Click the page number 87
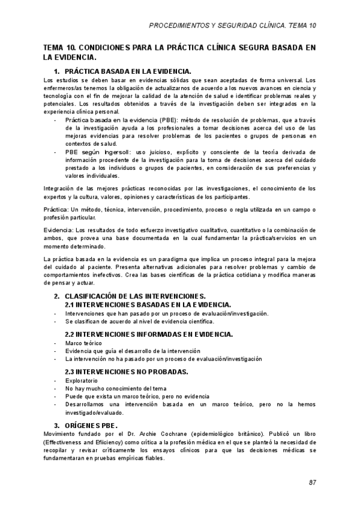coord(312,482)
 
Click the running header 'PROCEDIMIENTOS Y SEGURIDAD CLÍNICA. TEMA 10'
coord(232,25)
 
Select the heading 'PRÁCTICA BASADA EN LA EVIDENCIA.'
coord(127,71)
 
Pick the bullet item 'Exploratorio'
coord(82,381)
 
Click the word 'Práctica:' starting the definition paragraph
coord(56,209)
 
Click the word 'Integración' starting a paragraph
coord(60,189)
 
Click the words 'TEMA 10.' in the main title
coord(59,47)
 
